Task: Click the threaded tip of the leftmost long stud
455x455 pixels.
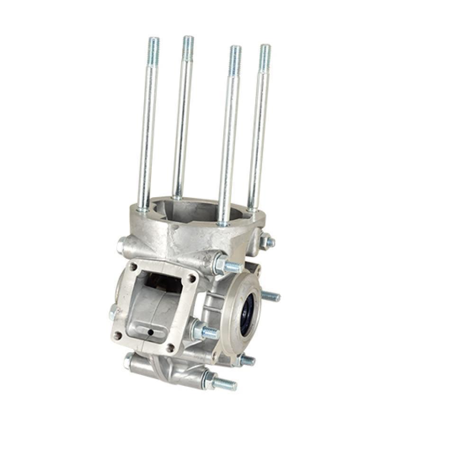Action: pyautogui.click(x=154, y=46)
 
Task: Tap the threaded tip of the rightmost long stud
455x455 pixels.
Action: pyautogui.click(x=265, y=55)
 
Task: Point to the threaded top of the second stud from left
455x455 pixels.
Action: pyautogui.click(x=188, y=45)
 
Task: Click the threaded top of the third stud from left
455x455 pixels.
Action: pyautogui.click(x=235, y=56)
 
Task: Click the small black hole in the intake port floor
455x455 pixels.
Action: pyautogui.click(x=150, y=332)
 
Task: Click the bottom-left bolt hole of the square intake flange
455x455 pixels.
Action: pyautogui.click(x=118, y=335)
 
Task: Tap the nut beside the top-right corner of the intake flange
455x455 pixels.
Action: pyautogui.click(x=220, y=264)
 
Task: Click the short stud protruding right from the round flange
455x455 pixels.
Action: pyautogui.click(x=271, y=297)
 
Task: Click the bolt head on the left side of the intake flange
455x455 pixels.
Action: pyautogui.click(x=113, y=312)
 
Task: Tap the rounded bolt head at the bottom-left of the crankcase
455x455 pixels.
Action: pyautogui.click(x=128, y=361)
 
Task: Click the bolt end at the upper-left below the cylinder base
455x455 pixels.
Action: pyautogui.click(x=122, y=245)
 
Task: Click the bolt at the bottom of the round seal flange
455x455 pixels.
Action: pyautogui.click(x=246, y=360)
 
